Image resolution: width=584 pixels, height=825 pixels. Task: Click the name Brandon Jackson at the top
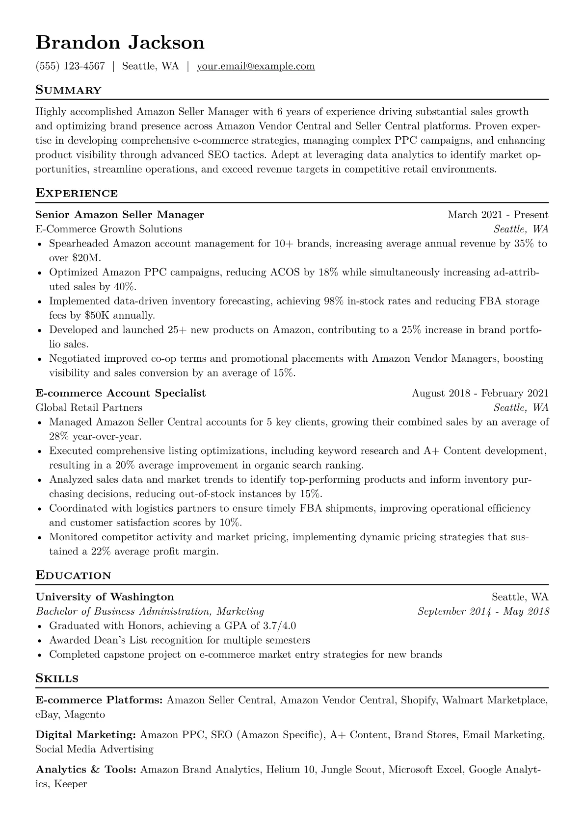click(120, 43)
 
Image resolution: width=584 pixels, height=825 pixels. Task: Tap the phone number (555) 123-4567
click(70, 66)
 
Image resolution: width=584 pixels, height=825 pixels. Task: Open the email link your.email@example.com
click(256, 66)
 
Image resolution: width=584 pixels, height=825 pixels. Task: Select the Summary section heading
click(69, 90)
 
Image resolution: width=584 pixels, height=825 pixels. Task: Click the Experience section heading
click(77, 193)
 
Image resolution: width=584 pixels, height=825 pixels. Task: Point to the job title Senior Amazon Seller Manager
click(120, 215)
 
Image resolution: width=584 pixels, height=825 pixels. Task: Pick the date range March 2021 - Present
click(498, 215)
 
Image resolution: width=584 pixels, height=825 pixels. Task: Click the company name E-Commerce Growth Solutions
click(109, 229)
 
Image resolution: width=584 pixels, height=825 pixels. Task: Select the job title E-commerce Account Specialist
click(121, 393)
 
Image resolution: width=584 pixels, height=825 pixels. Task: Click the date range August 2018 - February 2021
click(480, 393)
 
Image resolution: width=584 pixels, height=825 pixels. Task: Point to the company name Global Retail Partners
click(89, 407)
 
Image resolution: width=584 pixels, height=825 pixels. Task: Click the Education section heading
click(74, 575)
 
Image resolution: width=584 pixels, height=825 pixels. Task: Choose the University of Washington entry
click(105, 597)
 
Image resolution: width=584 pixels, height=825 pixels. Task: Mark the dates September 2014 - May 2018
click(483, 611)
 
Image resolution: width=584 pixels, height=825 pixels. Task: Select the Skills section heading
click(57, 679)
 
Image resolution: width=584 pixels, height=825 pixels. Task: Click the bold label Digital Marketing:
click(86, 735)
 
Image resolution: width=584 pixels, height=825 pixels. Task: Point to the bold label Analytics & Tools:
click(86, 770)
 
